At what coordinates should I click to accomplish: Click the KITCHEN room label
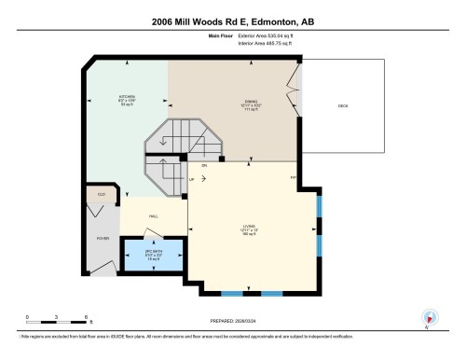pos(127,96)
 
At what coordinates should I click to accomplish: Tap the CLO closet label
pos(102,195)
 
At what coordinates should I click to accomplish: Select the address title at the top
pos(232,21)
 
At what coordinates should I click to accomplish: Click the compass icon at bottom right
pos(430,317)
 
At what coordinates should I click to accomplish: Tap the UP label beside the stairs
pos(192,178)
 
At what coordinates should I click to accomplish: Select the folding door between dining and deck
pos(294,90)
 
